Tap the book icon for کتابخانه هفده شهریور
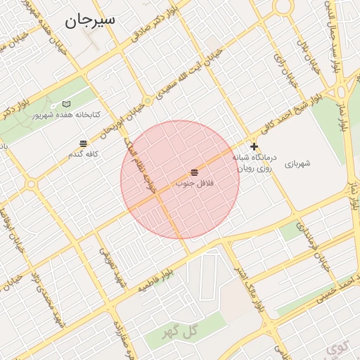tap(67, 104)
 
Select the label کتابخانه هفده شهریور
tap(67, 115)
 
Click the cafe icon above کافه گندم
tap(84, 143)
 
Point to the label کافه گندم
tap(83, 153)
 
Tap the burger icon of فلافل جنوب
tap(194, 172)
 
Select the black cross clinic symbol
tap(254, 147)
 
